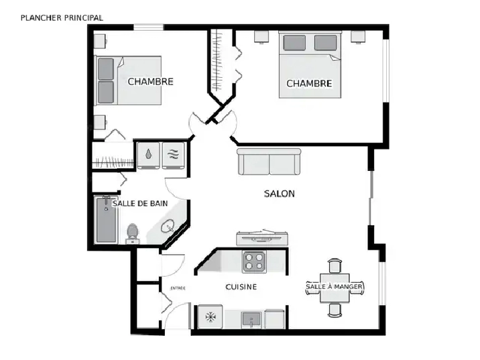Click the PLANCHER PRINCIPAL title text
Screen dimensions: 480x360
pyautogui.click(x=62, y=18)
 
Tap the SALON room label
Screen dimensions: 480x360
pyautogui.click(x=279, y=194)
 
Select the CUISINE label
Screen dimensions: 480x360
pyautogui.click(x=241, y=287)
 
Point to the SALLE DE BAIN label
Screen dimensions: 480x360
pyautogui.click(x=140, y=204)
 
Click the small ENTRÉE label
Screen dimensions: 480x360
pyautogui.click(x=178, y=288)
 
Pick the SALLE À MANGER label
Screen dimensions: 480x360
pyautogui.click(x=334, y=286)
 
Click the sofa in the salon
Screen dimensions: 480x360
pyautogui.click(x=269, y=162)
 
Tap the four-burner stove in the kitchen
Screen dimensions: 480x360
pyautogui.click(x=254, y=261)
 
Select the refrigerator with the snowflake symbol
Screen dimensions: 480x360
pyautogui.click(x=211, y=317)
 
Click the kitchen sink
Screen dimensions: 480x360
pyautogui.click(x=251, y=320)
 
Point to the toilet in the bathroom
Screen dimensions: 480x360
pyautogui.click(x=132, y=233)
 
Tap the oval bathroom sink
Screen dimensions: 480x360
pyautogui.click(x=168, y=227)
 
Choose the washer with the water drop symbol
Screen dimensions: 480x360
pyautogui.click(x=148, y=155)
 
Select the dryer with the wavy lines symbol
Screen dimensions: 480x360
pyautogui.click(x=173, y=155)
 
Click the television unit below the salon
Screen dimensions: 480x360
pyautogui.click(x=262, y=238)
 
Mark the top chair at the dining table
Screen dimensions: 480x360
pyautogui.click(x=335, y=265)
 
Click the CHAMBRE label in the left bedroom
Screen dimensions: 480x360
pyautogui.click(x=150, y=82)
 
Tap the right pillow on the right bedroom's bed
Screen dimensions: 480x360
pyautogui.click(x=325, y=42)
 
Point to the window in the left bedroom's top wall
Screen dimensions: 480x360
pyautogui.click(x=148, y=27)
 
